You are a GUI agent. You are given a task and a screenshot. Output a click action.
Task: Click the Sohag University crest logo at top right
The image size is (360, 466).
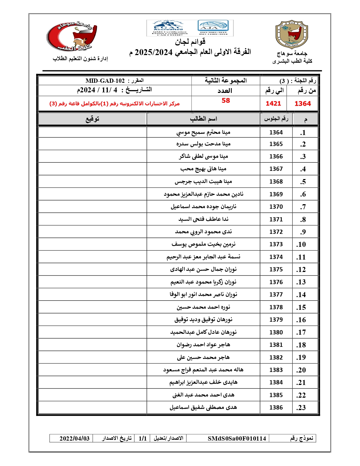click(292, 35)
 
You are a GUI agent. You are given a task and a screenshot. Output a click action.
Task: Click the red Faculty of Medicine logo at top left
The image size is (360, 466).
click(72, 37)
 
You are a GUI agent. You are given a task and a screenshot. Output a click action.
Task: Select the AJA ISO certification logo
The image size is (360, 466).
click(213, 28)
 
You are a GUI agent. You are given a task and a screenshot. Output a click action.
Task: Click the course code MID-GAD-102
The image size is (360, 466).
click(105, 81)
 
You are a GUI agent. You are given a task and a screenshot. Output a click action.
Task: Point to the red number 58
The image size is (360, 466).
click(226, 101)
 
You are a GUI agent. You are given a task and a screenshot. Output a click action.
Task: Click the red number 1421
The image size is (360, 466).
click(273, 104)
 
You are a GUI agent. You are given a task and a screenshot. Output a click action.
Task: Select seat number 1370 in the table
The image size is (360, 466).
click(276, 207)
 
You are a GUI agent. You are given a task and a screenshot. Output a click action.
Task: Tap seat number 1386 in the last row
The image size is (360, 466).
click(276, 408)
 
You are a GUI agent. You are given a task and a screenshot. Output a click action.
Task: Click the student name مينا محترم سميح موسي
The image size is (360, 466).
click(203, 132)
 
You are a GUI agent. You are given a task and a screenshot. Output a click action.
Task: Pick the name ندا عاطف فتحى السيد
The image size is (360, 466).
click(203, 219)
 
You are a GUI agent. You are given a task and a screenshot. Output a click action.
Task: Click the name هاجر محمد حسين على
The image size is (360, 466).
click(203, 357)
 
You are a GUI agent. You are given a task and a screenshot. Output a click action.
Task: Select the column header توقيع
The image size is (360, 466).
click(92, 119)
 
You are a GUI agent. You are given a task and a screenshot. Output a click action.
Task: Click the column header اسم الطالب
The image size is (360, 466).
click(203, 119)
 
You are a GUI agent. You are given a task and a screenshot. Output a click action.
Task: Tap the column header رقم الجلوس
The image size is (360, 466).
click(276, 119)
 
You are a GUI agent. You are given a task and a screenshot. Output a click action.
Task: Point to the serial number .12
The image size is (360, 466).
click(301, 269)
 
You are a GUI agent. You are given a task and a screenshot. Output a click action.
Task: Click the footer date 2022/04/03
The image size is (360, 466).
click(75, 438)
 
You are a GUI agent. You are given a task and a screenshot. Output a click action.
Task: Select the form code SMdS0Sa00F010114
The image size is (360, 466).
click(237, 438)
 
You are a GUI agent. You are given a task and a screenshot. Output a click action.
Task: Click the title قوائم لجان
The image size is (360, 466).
click(190, 42)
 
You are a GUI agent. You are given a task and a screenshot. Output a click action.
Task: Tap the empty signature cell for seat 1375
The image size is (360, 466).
click(92, 269)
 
